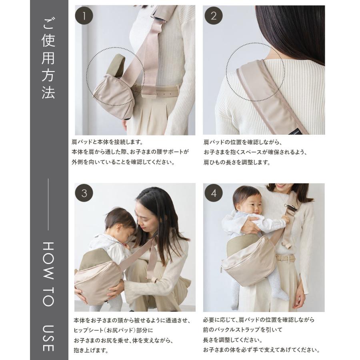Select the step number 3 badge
click(84, 193)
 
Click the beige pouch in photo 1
click(110, 89)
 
